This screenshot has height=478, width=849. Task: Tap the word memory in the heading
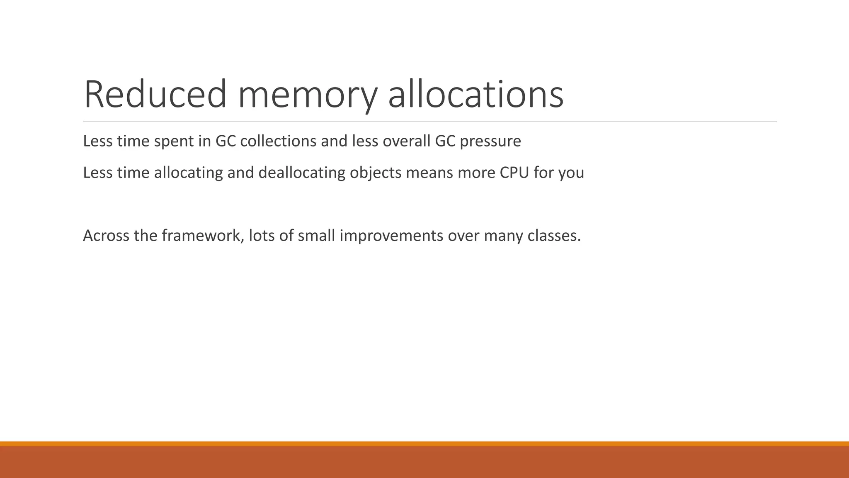307,95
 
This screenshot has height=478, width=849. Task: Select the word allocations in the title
475,95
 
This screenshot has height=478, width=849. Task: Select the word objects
376,173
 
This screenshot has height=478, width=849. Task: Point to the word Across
106,236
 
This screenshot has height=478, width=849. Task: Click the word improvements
391,236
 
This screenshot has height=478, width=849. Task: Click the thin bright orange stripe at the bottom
424,444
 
